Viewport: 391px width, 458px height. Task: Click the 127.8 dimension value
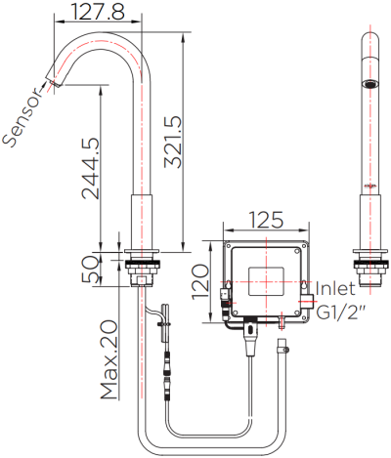tap(98, 12)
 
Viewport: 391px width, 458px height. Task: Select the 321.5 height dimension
tap(173, 142)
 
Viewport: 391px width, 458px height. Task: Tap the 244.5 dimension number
tap(90, 169)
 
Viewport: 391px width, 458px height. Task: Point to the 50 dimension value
tap(89, 269)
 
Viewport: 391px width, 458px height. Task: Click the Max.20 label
tap(109, 360)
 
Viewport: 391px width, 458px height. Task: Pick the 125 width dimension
tap(266, 220)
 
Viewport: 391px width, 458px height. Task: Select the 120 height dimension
tap(199, 282)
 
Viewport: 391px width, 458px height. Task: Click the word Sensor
tap(22, 117)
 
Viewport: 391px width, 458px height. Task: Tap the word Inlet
tap(335, 288)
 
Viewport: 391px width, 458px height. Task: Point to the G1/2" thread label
tap(341, 312)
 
